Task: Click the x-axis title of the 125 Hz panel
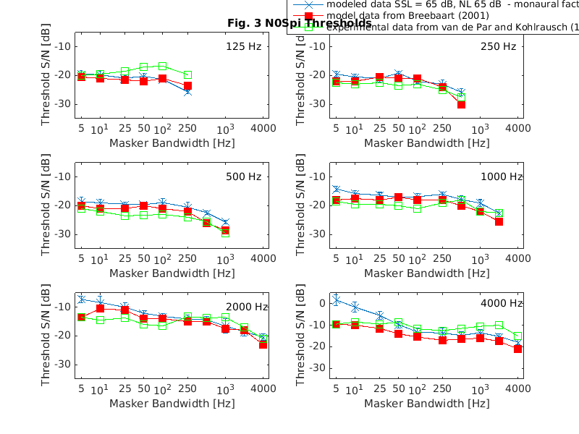pos(172,143)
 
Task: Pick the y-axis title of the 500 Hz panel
pos(46,205)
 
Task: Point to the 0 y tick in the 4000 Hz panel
pos(323,303)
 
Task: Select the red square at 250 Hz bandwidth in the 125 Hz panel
pos(187,85)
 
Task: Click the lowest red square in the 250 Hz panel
pos(461,104)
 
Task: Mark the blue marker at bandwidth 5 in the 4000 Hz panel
pos(336,299)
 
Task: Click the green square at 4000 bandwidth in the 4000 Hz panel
pos(517,336)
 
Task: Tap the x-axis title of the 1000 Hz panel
pos(427,273)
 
